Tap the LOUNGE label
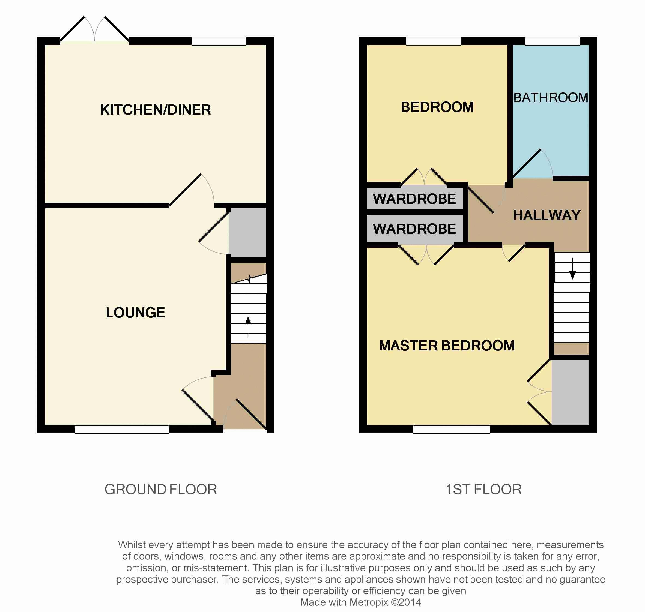135,313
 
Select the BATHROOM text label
551,98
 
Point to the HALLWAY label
547,215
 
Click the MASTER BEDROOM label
447,346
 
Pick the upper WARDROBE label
414,199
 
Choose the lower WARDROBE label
414,229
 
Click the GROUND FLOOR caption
161,489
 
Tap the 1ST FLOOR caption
484,489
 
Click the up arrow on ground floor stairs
248,327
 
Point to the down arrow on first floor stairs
572,268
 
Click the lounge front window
121,429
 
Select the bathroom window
553,41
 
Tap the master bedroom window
452,429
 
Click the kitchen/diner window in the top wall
219,41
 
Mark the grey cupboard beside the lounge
247,233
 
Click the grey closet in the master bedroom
570,392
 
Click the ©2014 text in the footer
406,602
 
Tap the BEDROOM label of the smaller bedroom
437,107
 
